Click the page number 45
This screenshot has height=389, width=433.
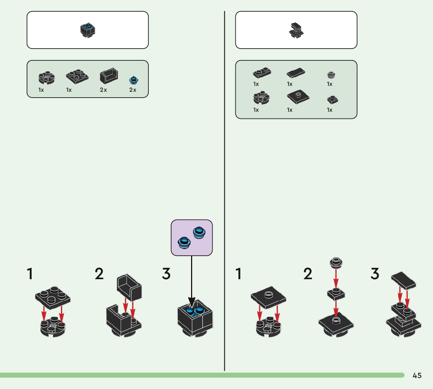(x=417, y=376)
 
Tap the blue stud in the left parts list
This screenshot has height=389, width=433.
(x=134, y=80)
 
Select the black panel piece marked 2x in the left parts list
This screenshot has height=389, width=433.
(x=109, y=76)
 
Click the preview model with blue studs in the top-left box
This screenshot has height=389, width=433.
(x=88, y=30)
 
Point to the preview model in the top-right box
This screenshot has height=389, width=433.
(x=296, y=30)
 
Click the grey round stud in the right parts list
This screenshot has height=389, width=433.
(x=332, y=75)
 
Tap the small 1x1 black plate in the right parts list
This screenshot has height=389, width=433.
(x=332, y=100)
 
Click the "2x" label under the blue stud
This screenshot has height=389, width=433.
(x=133, y=90)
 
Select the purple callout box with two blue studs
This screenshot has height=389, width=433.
(x=191, y=238)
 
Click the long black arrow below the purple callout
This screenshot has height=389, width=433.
(x=191, y=278)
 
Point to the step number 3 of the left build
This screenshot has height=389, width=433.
(x=166, y=274)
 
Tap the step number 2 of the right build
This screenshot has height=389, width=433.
(x=308, y=274)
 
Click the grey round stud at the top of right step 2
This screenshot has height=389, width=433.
(x=336, y=262)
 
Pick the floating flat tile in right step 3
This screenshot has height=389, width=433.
(x=404, y=281)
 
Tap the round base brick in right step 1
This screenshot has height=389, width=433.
(x=268, y=328)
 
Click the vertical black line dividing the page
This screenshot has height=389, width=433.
(x=224, y=196)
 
